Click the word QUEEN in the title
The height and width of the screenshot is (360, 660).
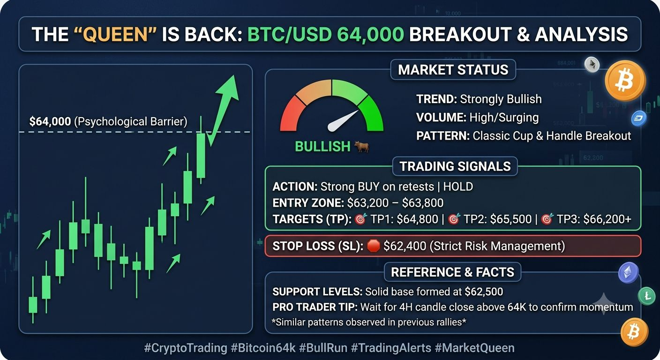click(x=115, y=35)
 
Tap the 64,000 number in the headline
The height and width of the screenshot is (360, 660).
click(x=370, y=35)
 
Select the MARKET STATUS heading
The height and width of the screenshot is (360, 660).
click(x=453, y=70)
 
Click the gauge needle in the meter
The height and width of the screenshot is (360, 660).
click(x=343, y=121)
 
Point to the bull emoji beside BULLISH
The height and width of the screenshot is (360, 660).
click(x=361, y=146)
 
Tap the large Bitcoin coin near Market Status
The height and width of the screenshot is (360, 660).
click(x=625, y=81)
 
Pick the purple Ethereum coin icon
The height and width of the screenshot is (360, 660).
click(x=628, y=272)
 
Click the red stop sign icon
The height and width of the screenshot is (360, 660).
click(x=373, y=246)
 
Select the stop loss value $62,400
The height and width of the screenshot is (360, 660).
click(x=405, y=246)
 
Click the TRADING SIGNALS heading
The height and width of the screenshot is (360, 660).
click(x=455, y=166)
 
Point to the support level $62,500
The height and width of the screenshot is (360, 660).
click(x=484, y=292)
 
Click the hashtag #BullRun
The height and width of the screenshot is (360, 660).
click(x=323, y=348)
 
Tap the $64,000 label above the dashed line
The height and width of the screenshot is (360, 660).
click(x=50, y=121)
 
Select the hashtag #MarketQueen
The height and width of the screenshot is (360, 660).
click(x=475, y=348)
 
